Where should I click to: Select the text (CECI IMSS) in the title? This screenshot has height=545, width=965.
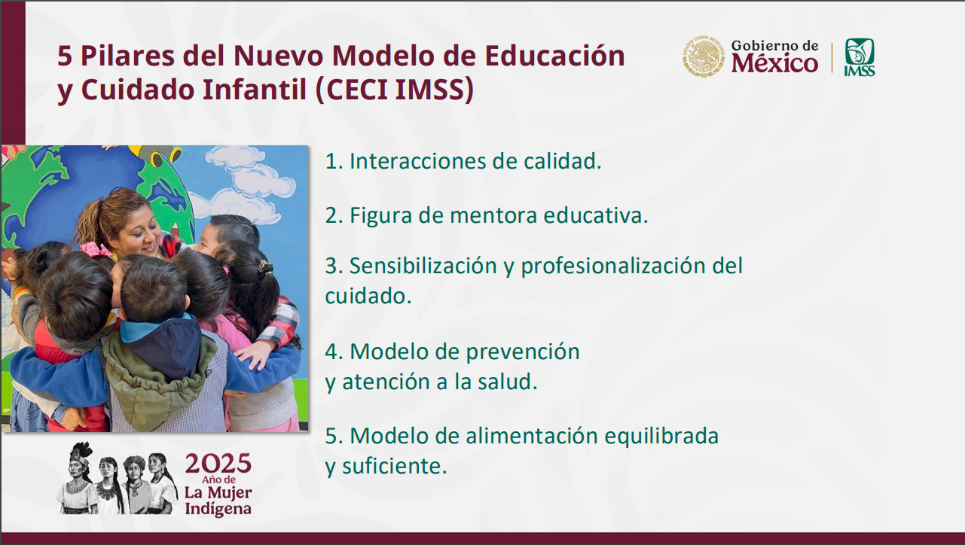click(395, 90)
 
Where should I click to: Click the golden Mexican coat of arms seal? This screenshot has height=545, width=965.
click(703, 56)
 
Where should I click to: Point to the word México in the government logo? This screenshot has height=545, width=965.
click(774, 63)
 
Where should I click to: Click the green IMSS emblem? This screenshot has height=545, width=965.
click(860, 56)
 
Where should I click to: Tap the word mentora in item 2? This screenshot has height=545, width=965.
click(493, 216)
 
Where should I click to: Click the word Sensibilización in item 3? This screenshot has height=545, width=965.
click(423, 265)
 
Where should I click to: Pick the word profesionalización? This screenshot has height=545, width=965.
click(613, 266)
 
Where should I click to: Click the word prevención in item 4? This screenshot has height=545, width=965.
click(523, 352)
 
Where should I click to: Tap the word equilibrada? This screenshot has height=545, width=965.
click(661, 437)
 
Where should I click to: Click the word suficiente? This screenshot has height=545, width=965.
click(395, 466)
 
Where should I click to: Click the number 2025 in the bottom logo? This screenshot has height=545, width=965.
click(218, 464)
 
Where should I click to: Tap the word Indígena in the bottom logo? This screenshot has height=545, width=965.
click(218, 510)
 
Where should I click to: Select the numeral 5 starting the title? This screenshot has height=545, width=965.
click(65, 56)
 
